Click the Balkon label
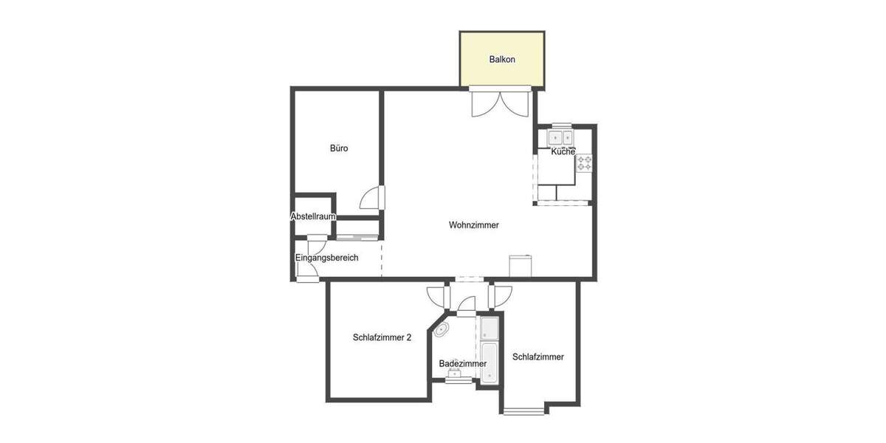502,59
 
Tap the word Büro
339,148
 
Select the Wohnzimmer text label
474,225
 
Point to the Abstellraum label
314,217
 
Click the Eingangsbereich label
326,258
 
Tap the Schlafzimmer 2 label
382,337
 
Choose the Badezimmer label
463,364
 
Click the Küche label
563,151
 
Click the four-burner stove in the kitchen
584,163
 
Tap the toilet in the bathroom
442,329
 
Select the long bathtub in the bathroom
490,363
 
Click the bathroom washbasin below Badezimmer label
455,374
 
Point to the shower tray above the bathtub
490,327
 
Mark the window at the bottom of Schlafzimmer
523,410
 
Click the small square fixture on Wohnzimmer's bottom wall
520,266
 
